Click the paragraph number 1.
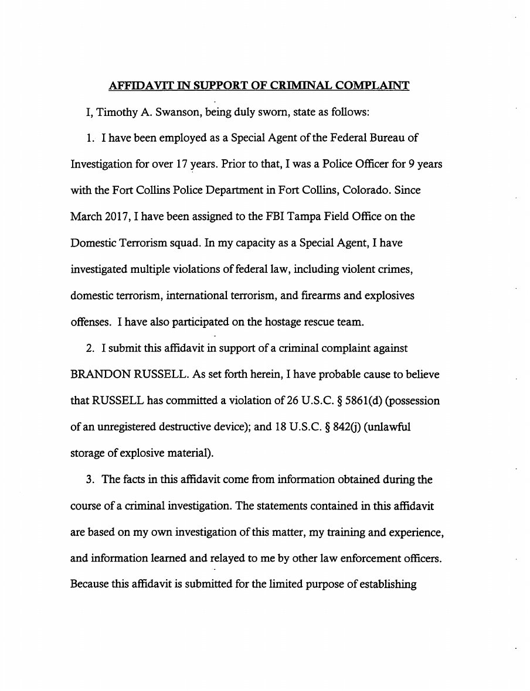tap(90, 139)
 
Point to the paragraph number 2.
tap(90, 348)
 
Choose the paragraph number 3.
tap(90, 480)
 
